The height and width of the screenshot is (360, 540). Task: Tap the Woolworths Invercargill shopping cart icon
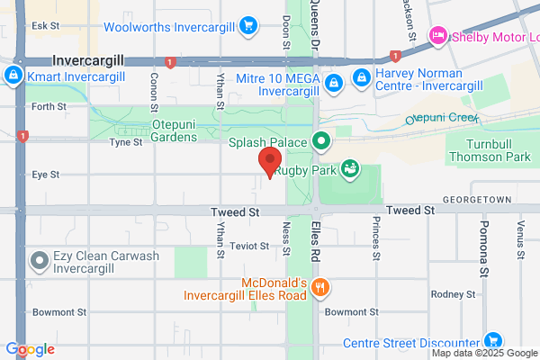point(249,24)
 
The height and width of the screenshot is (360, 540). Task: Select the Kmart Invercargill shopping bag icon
point(13,76)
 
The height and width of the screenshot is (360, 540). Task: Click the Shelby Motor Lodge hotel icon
point(438,35)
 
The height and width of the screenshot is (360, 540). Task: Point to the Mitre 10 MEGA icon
point(334,83)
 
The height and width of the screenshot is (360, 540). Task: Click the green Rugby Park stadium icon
point(349,169)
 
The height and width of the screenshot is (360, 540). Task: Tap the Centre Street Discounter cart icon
point(491,342)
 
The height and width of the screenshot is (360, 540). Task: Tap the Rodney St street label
point(477,294)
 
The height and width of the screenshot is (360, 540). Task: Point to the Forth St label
point(49,106)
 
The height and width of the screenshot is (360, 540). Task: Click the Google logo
point(30,349)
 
